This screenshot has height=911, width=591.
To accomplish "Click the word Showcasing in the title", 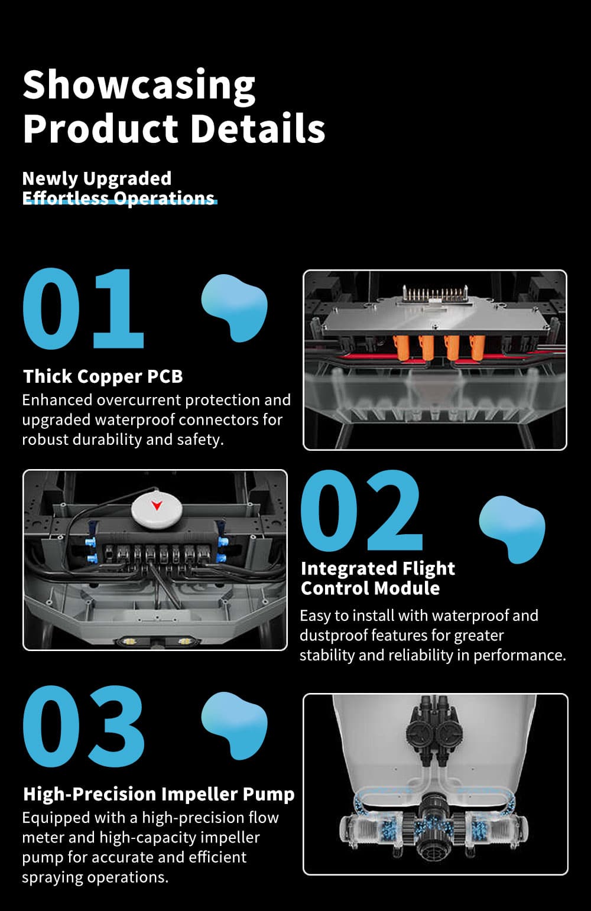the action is [x=139, y=86].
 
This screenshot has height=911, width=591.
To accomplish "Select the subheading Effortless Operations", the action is [x=118, y=198].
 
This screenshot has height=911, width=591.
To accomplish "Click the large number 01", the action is [x=83, y=308].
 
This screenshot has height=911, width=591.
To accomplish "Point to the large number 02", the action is [x=362, y=510].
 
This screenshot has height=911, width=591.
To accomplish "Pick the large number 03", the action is [x=83, y=726].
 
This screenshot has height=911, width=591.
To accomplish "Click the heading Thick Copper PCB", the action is [x=103, y=376].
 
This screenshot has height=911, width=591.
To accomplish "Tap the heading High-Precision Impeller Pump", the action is [x=158, y=794].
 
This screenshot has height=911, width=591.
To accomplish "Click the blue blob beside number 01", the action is [x=235, y=307].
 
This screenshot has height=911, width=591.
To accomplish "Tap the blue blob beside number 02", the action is [x=512, y=529].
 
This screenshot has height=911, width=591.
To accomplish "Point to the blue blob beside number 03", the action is [x=235, y=725].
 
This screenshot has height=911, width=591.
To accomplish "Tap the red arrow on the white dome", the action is [x=157, y=506].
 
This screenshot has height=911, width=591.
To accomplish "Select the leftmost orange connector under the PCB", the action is [x=401, y=348].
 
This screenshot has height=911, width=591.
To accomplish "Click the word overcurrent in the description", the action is [x=139, y=400].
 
